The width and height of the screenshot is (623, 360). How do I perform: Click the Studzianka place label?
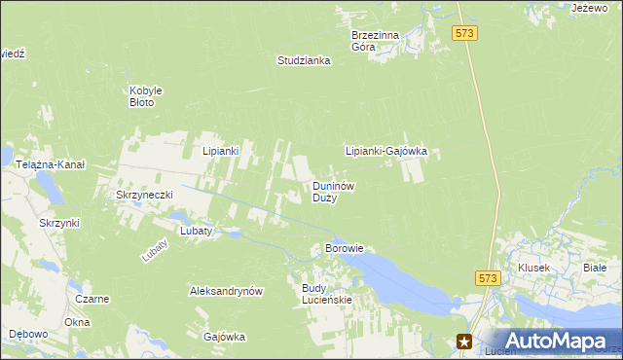coord(304,60)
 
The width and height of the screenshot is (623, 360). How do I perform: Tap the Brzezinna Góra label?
coord(375,41)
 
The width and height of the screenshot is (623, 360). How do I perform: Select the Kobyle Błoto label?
coord(146,96)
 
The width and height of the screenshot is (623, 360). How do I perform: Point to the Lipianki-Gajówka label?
coord(386,152)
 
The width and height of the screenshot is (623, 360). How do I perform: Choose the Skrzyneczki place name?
coord(144,195)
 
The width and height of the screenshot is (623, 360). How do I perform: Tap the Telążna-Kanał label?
coord(51,165)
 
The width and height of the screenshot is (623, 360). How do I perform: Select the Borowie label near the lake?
coord(344,248)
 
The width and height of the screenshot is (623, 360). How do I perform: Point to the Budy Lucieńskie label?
coord(326,294)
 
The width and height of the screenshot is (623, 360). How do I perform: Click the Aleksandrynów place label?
coord(227,291)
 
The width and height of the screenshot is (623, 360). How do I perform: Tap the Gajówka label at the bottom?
coord(224,337)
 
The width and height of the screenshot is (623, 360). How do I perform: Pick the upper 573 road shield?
coord(464,34)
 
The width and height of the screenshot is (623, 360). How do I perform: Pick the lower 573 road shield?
coord(489,278)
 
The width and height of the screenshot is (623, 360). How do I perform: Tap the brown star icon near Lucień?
coord(465,341)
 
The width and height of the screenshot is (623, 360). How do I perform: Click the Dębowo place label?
coord(28,334)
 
